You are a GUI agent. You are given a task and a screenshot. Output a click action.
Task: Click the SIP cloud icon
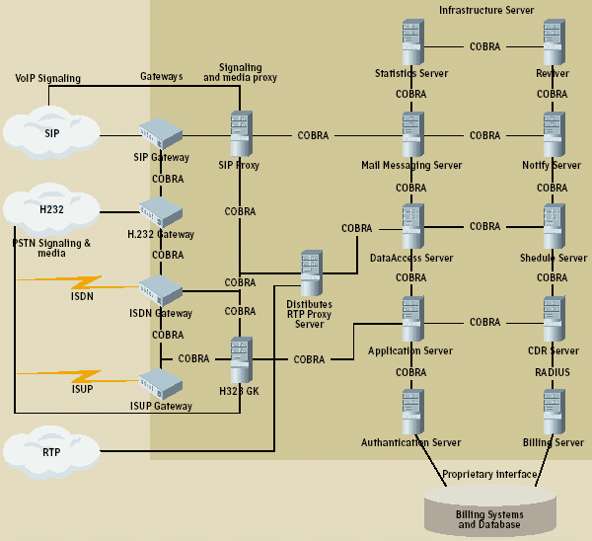point(51,132)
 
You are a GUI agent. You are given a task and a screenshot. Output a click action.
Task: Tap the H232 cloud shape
point(51,208)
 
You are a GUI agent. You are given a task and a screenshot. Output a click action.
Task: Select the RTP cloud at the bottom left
point(51,452)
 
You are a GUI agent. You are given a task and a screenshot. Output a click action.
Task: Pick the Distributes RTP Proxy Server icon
point(312,272)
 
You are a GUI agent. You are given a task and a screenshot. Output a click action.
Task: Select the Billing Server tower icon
point(553,412)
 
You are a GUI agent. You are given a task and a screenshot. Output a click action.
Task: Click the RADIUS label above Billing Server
point(553,372)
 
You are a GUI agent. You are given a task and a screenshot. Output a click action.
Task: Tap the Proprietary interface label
point(489,475)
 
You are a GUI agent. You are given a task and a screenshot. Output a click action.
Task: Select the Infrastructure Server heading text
point(486,10)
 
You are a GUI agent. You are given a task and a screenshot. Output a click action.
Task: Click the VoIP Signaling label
point(48,78)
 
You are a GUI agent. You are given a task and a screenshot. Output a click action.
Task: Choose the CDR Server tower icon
point(553,321)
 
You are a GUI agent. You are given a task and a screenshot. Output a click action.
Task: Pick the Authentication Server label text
point(411,443)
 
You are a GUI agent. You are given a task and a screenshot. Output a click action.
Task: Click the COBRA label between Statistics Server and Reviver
point(484,46)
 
